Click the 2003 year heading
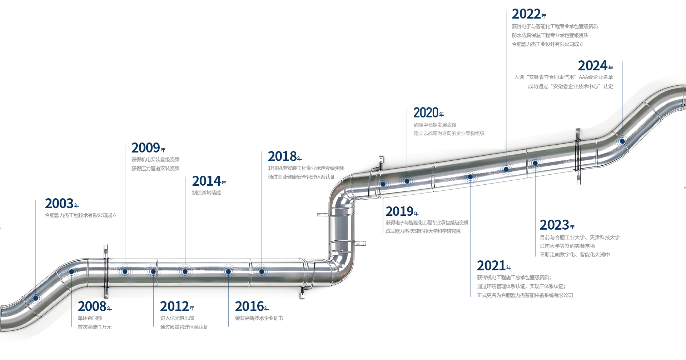[62, 204]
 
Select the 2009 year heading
[148, 148]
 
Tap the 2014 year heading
[209, 181]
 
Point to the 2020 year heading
[428, 113]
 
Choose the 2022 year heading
[529, 14]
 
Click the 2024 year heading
[595, 66]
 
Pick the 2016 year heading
[252, 307]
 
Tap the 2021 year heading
[494, 266]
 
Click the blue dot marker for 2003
[36, 298]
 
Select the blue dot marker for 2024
[622, 141]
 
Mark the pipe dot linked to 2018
[262, 272]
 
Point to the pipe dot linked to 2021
[470, 177]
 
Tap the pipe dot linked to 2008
[71, 272]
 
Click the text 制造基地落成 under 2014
[207, 193]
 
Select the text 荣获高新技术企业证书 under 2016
[259, 318]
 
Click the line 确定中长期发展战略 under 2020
[435, 125]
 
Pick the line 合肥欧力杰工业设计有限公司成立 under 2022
[547, 44]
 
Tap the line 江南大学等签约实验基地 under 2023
[567, 246]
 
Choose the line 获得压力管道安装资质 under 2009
[155, 169]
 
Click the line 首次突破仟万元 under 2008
[95, 327]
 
